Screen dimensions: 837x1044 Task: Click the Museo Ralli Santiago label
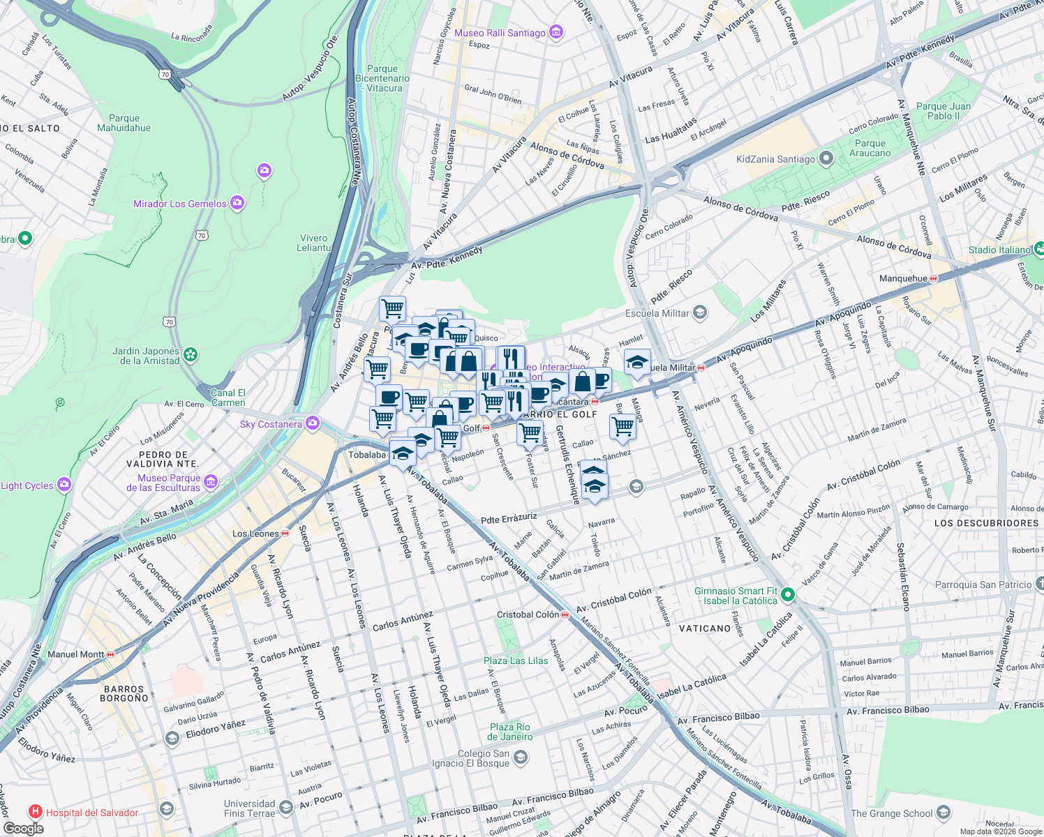point(500,33)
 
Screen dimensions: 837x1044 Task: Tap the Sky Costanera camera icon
point(312,423)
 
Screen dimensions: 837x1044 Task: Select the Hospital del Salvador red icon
point(35,812)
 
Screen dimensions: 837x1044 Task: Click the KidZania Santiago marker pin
point(826,158)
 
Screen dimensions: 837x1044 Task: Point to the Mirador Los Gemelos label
point(180,204)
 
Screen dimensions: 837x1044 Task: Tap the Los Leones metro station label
point(255,534)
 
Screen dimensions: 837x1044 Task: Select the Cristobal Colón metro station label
point(528,614)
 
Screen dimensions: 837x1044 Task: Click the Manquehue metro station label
point(903,278)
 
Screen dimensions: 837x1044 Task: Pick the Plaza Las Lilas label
point(516,661)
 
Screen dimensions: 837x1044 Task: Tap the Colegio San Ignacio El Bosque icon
point(520,757)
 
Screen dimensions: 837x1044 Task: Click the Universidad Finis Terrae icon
point(285,808)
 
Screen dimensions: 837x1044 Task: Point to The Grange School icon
point(944,813)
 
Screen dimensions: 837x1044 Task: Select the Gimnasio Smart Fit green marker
point(788,595)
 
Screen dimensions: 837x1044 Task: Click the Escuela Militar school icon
point(700,313)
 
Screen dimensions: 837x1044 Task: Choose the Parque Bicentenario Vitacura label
point(382,78)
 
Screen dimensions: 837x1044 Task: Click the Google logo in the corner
point(23,828)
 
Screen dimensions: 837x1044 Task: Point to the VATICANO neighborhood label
point(705,628)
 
